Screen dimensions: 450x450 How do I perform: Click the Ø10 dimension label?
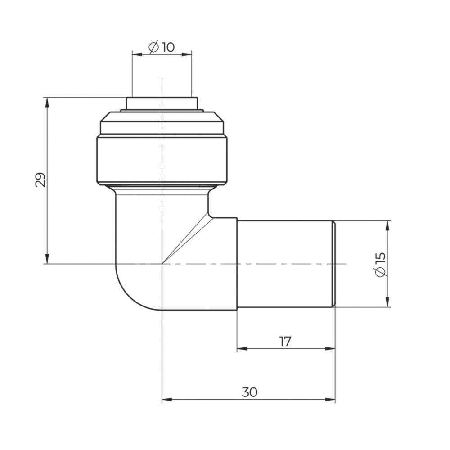click(162, 47)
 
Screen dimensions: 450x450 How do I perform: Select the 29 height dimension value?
click(40, 180)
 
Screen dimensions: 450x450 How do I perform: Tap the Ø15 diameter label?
click(380, 265)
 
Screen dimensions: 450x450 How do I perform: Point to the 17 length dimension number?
click(285, 342)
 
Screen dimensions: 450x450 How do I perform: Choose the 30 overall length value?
click(249, 392)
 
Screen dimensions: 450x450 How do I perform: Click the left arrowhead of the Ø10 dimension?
click(137, 54)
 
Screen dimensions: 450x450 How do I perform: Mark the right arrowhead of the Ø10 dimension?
click(187, 54)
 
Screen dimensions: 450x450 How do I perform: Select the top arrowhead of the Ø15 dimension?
click(387, 225)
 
